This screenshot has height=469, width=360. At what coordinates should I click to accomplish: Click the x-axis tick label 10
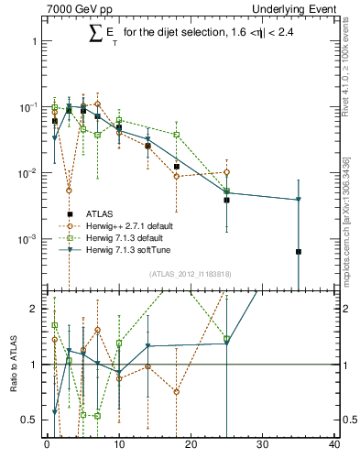(x=118, y=446)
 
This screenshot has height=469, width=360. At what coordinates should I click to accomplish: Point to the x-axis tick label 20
(x=191, y=446)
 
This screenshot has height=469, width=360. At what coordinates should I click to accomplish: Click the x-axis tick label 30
(x=263, y=446)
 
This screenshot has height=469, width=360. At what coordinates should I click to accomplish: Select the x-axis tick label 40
(x=334, y=446)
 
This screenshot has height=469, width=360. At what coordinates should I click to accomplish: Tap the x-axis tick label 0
(x=47, y=446)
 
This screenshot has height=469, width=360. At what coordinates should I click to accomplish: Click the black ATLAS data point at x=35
(x=299, y=251)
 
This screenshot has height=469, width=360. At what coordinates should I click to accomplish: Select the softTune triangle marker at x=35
(x=299, y=200)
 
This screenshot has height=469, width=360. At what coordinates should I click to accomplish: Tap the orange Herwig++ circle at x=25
(x=226, y=172)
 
